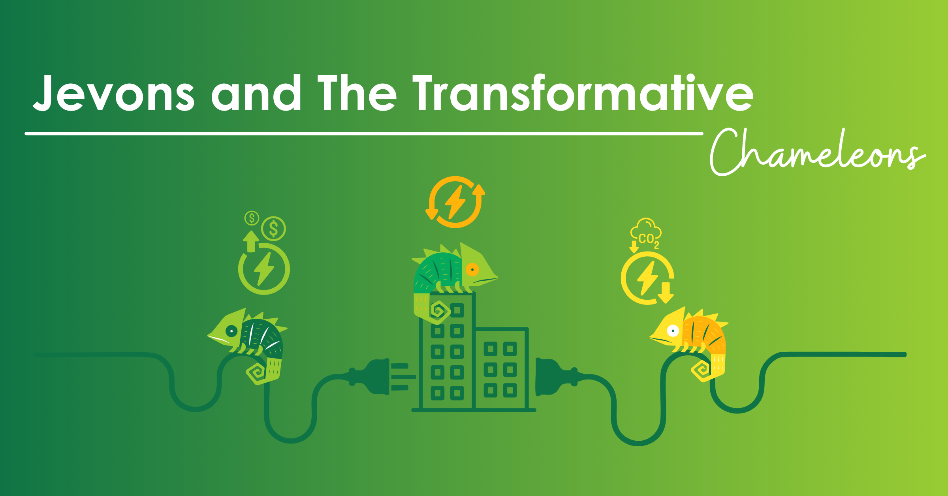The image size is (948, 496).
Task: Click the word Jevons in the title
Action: [x=114, y=93]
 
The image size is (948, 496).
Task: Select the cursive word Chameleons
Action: [x=818, y=152]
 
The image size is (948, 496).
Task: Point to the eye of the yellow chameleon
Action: [x=673, y=331]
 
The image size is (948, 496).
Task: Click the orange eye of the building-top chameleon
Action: [x=472, y=270]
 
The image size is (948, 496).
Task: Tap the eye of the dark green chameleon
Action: [x=231, y=331]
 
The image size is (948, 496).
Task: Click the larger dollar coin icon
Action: [x=273, y=229]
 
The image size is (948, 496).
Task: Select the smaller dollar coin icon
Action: [x=252, y=218]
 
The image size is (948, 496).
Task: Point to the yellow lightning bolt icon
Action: [x=647, y=278]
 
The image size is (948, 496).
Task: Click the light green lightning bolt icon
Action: [x=264, y=269]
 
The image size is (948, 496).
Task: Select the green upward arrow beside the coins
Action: [x=251, y=241]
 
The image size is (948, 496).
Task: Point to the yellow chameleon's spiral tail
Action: [x=702, y=370]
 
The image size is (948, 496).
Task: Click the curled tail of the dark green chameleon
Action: [x=257, y=372]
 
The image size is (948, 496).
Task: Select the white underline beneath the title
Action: [x=364, y=133]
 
